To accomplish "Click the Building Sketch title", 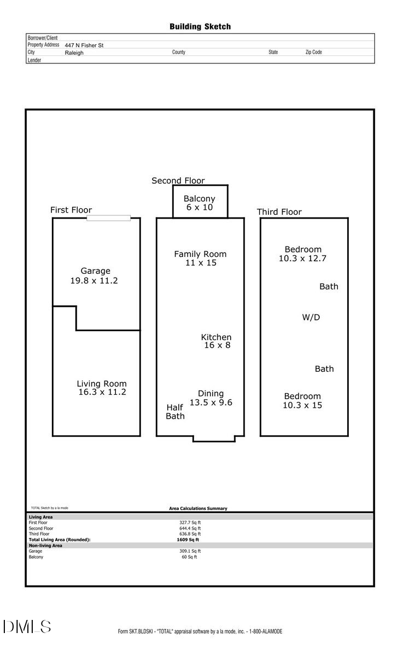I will [200, 26].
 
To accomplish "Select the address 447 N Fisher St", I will [84, 45].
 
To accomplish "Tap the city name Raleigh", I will [74, 53].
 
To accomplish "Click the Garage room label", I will [95, 271].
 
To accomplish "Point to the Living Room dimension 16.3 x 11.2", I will [102, 392].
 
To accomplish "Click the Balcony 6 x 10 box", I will [200, 202].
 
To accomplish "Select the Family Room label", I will [200, 254].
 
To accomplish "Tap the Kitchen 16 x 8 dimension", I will [217, 345].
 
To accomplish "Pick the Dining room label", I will [210, 393].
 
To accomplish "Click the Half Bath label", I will [175, 412].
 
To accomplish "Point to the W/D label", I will [311, 317].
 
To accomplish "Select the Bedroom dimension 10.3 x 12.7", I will [302, 259].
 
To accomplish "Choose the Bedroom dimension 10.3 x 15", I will [302, 405].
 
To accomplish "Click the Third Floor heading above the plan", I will [279, 212].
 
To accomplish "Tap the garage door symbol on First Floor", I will [109, 218].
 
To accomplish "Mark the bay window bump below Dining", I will [214, 438].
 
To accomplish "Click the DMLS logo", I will [27, 626].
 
